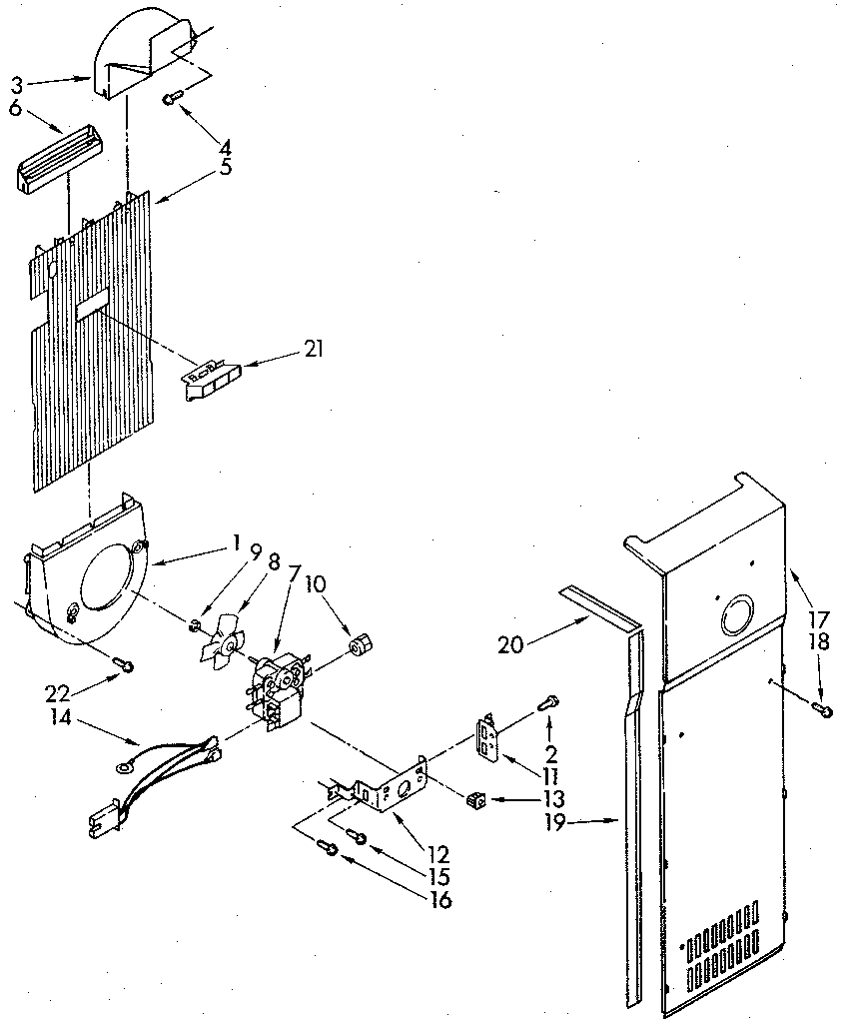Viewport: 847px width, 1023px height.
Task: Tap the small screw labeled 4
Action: (x=173, y=97)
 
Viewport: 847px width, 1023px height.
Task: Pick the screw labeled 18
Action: (x=821, y=708)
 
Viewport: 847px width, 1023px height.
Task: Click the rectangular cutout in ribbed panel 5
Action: (x=93, y=306)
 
